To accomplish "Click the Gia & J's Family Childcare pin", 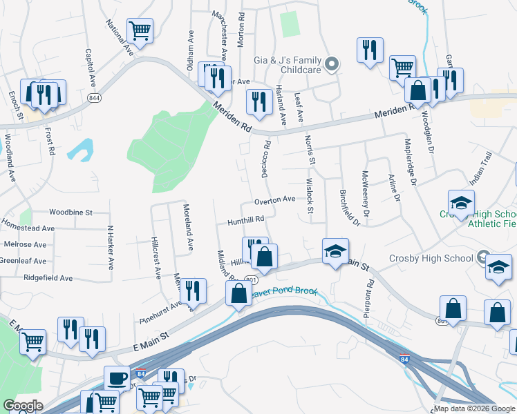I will (332, 66).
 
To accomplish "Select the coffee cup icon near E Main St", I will (117, 378).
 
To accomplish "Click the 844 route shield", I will (93, 99).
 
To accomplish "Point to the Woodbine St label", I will (70, 213).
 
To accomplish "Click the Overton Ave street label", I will (274, 199).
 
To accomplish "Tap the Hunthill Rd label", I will (246, 220).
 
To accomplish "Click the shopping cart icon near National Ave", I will (140, 30).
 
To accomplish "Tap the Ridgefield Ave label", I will (48, 278).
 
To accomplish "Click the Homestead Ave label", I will (28, 228).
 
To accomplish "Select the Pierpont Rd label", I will (370, 294).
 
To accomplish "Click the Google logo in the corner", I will (23, 406).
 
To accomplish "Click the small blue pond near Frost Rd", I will (81, 150).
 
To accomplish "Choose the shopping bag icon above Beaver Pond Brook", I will (238, 293).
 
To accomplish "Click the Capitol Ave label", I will (90, 66).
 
